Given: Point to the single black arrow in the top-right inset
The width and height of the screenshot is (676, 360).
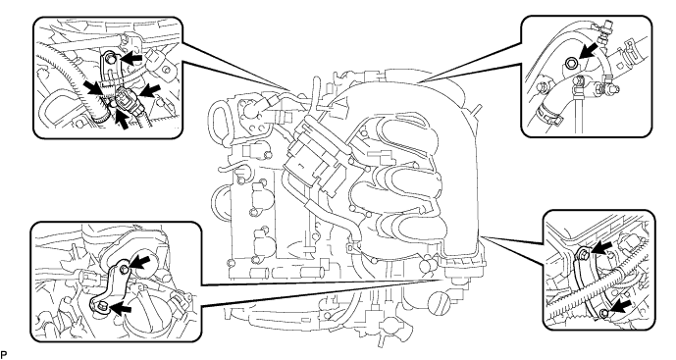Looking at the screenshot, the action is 590,49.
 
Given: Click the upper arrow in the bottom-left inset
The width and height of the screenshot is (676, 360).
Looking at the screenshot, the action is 140,262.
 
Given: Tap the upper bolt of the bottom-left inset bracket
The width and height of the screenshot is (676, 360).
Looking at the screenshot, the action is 125,270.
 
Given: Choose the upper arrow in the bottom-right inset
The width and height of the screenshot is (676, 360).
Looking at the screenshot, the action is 601,247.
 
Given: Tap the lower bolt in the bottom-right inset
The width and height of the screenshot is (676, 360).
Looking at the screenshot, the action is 604,313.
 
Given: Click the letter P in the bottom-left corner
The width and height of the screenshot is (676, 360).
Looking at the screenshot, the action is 4,355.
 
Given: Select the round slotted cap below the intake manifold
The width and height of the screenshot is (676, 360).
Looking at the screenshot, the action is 440,300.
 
